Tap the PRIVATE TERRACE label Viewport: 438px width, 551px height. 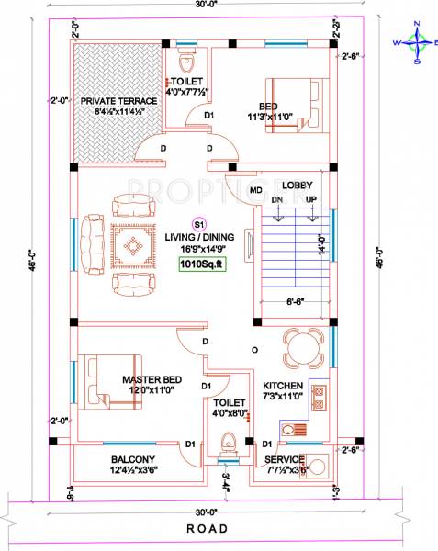[118, 101]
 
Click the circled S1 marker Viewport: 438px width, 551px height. [198, 223]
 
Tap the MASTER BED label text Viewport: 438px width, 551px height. [152, 379]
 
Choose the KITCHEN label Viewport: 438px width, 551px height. [283, 385]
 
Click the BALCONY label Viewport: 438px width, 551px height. [133, 459]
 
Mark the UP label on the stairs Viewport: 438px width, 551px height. [311, 198]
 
